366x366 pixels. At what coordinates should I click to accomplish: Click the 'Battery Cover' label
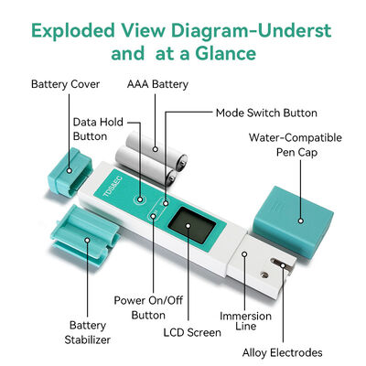[64, 84]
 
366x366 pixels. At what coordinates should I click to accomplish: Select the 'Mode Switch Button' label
[266, 113]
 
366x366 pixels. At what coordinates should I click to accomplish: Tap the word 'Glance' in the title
[222, 52]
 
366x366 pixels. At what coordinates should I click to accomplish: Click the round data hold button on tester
[139, 198]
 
